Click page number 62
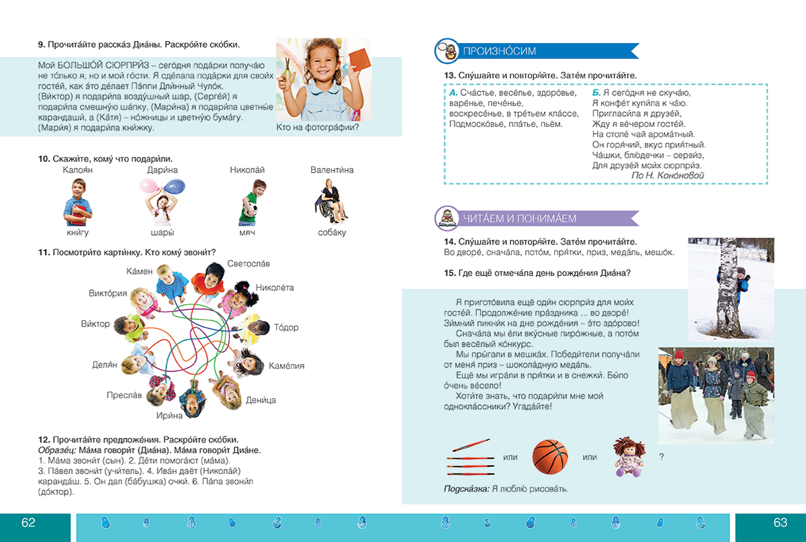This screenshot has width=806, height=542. pos(28,523)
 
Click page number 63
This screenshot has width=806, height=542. pos(779,523)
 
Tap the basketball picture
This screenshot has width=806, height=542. pos(550,457)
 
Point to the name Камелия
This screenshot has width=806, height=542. pos(286,365)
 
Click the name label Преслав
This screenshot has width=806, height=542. pos(124,396)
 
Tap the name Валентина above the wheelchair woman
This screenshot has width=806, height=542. pos(332,171)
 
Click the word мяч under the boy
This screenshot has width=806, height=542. pos(248,232)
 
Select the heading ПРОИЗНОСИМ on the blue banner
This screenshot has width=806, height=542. pos(500,51)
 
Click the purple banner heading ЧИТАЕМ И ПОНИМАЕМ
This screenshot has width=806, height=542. pos(520,218)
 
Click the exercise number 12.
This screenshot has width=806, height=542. pos(44,439)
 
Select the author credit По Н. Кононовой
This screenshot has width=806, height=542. pos(667,175)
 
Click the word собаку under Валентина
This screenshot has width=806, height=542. pos(332,232)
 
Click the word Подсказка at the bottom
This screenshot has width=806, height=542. pos(466,488)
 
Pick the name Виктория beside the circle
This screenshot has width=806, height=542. pos(108,293)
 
